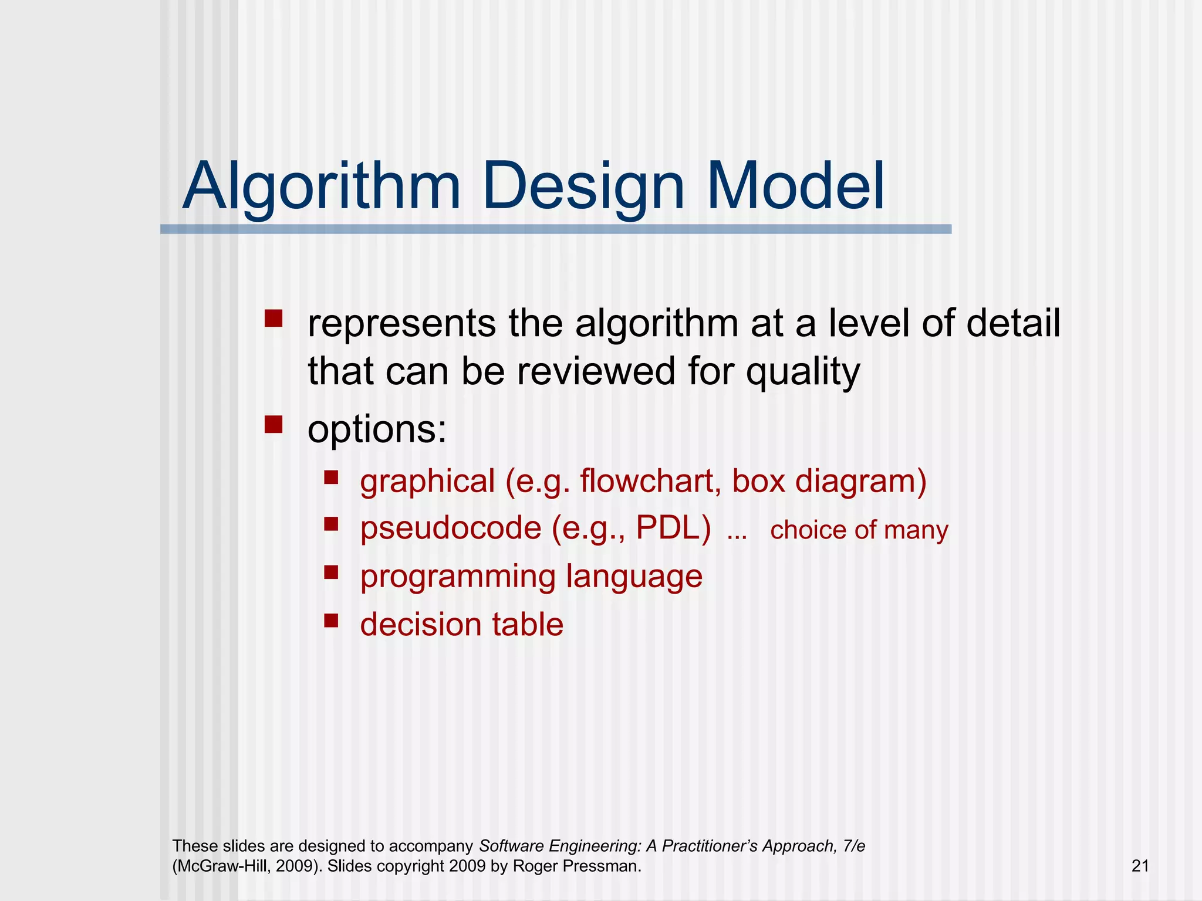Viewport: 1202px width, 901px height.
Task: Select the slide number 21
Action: (x=1140, y=866)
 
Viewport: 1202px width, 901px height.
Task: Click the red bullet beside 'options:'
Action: (x=274, y=424)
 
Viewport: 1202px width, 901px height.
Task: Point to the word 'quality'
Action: (x=802, y=373)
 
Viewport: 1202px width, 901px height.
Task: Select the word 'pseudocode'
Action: (x=450, y=529)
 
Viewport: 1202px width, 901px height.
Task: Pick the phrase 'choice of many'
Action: (x=859, y=530)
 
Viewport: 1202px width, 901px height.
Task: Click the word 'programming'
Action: (x=457, y=577)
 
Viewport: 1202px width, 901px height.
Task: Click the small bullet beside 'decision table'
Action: (x=332, y=620)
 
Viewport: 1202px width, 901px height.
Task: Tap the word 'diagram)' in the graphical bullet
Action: (x=860, y=482)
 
